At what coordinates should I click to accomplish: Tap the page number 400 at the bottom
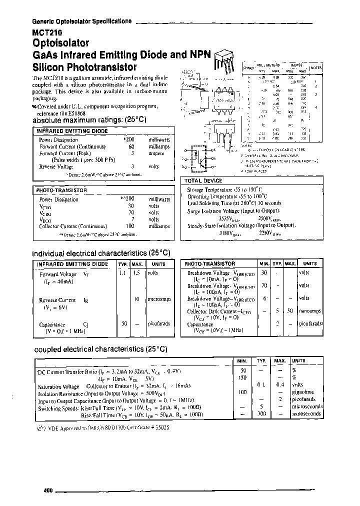(x=48, y=490)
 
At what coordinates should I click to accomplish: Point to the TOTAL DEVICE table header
(x=203, y=180)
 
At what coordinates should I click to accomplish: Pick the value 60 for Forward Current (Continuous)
(x=131, y=146)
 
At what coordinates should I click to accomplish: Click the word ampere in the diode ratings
(x=157, y=153)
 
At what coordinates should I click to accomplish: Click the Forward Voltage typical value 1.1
(x=123, y=273)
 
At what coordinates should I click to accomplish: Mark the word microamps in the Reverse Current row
(x=159, y=299)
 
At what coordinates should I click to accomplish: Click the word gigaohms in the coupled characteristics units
(x=305, y=392)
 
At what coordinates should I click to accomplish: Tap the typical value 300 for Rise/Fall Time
(x=260, y=414)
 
